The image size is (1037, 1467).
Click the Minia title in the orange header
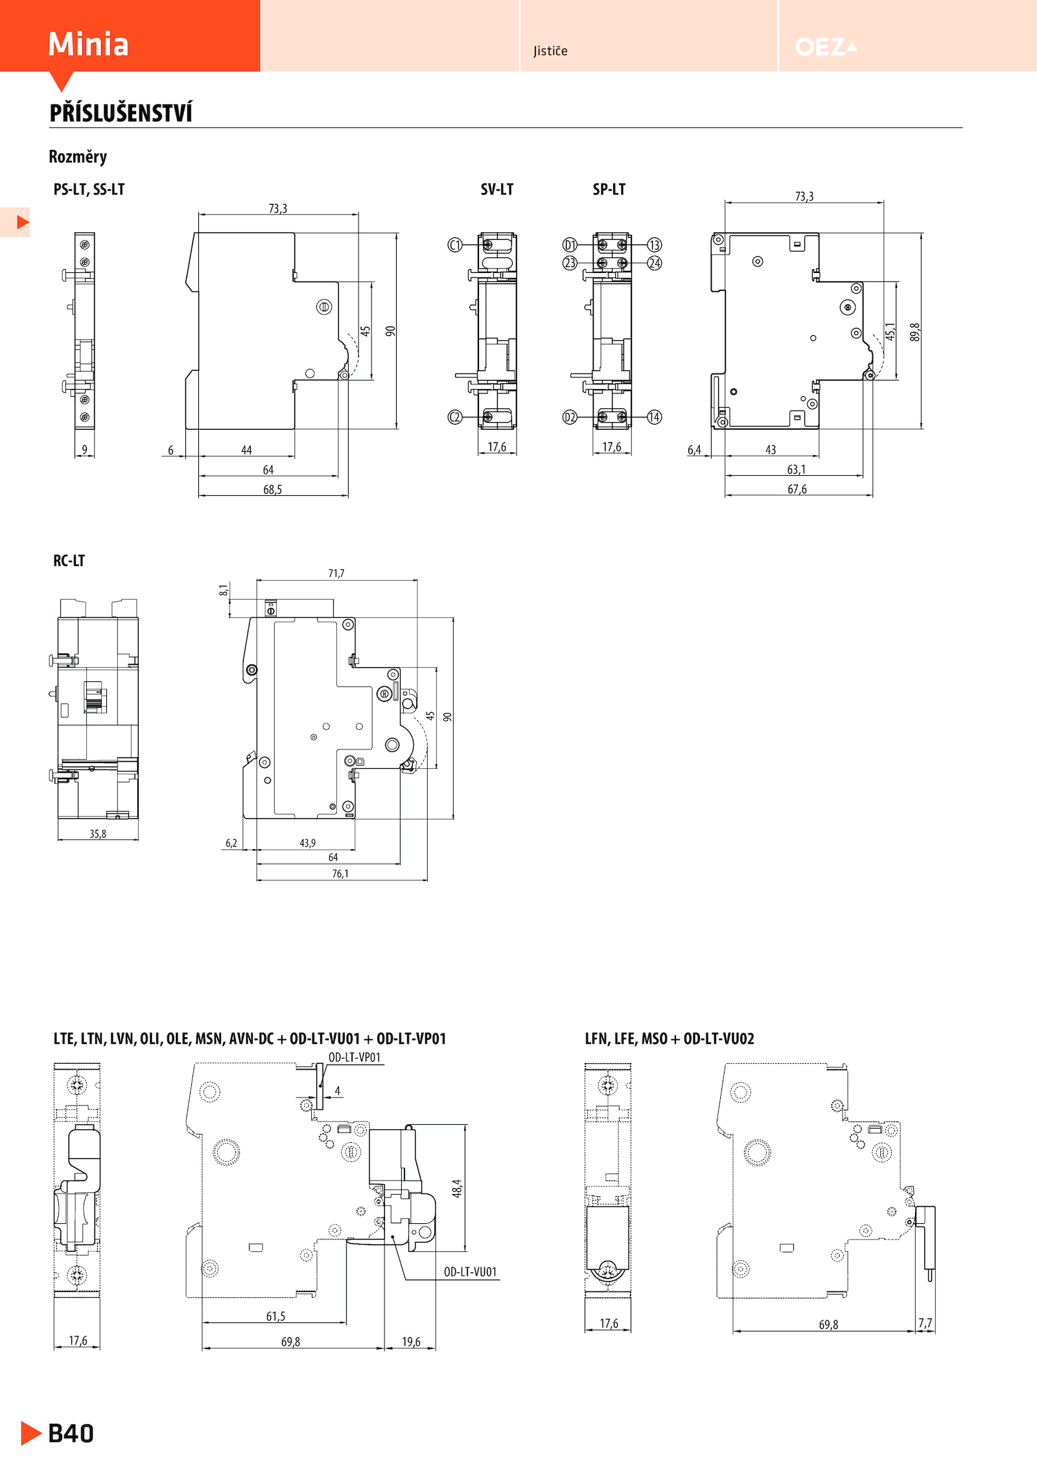[x=88, y=44]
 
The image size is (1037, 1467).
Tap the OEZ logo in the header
[x=826, y=47]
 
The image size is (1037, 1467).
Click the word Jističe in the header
[x=550, y=51]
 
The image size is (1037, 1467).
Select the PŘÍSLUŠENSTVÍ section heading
[x=121, y=112]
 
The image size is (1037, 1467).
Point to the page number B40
[x=71, y=1433]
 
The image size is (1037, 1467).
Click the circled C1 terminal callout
[x=455, y=245]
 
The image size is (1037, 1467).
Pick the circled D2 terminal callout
[x=570, y=417]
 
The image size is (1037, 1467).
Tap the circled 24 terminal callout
[x=655, y=263]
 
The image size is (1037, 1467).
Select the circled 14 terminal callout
[x=655, y=417]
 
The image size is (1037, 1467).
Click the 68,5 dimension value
[x=272, y=489]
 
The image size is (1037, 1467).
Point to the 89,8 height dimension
[x=915, y=332]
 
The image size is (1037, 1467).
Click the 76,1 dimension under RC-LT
[x=340, y=873]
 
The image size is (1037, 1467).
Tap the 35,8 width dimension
[x=98, y=834]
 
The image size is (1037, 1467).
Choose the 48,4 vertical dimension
[x=457, y=1188]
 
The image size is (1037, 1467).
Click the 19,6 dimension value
[x=411, y=1341]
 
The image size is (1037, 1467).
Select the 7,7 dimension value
[x=925, y=1323]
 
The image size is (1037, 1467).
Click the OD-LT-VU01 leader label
[x=471, y=1272]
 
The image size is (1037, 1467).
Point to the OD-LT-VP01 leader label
[x=355, y=1057]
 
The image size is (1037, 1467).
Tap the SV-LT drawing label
[x=497, y=189]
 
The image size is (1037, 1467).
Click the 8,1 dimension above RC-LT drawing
[x=224, y=590]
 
